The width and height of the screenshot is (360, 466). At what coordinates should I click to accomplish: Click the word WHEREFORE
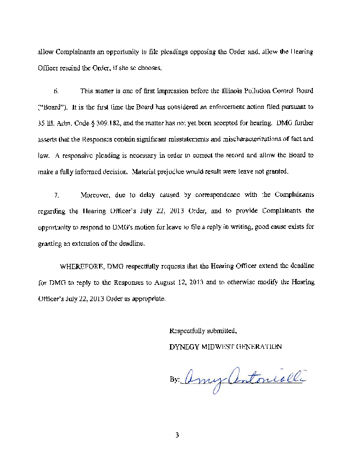point(82,266)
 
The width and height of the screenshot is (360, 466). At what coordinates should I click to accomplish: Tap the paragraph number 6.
point(57,91)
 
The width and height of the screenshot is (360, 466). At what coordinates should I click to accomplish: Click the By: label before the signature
point(174,379)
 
